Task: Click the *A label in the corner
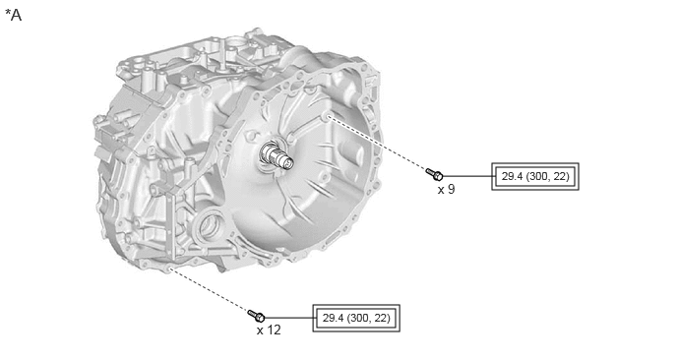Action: (x=14, y=15)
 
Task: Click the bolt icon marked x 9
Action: (x=434, y=174)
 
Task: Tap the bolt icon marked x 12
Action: (x=257, y=316)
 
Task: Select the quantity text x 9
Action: (x=446, y=190)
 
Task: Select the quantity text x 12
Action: (x=269, y=330)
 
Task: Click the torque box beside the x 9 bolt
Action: (x=535, y=176)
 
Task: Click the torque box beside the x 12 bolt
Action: (x=356, y=318)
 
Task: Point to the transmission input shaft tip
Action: (x=286, y=162)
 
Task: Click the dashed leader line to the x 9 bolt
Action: (x=377, y=144)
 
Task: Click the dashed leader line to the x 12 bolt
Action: (x=210, y=290)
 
